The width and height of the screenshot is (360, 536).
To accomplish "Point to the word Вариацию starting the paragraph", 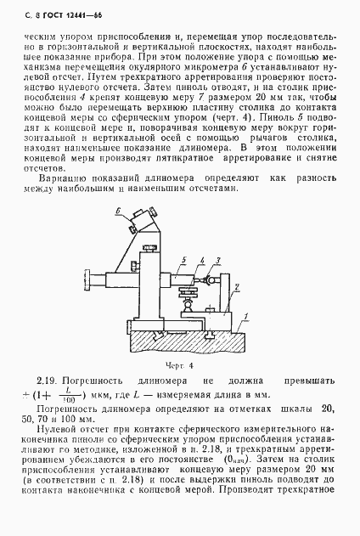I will [69, 178].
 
